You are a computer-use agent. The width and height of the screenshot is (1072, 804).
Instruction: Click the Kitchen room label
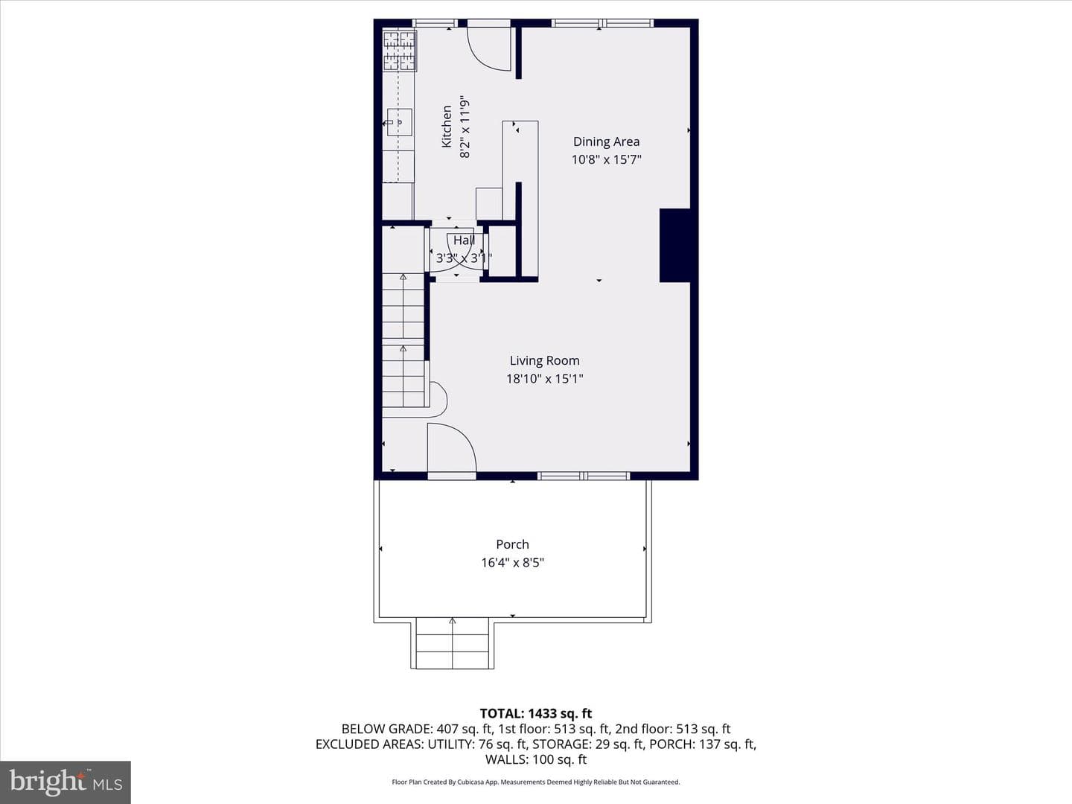coord(447,127)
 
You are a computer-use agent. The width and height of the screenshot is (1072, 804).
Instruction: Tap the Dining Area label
coord(606,141)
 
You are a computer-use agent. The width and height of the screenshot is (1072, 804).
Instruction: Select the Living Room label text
coord(544,361)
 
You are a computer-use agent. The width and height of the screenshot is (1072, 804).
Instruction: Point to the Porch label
coord(512,544)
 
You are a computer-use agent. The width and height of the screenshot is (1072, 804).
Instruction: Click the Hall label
coord(464,240)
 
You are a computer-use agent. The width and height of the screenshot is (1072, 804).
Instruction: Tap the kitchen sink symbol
coord(398,122)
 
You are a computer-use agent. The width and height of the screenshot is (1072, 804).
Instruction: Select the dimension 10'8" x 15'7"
coord(606,159)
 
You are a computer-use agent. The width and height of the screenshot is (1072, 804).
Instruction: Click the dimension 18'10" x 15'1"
coord(544,379)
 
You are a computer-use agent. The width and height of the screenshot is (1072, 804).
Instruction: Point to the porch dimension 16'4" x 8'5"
coord(512,562)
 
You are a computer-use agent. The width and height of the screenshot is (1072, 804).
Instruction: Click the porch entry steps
coord(452,643)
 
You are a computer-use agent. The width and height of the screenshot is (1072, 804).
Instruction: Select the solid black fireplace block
coord(675,246)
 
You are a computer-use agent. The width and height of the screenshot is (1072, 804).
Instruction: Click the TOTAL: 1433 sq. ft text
coord(536,714)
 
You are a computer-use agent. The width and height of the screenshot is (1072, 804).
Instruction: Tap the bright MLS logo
coord(66,782)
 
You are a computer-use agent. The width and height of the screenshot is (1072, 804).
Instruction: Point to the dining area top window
coord(603,23)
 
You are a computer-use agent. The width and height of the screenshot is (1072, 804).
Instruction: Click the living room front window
coord(584,476)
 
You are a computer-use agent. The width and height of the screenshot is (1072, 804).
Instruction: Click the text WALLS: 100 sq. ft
coord(536,759)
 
